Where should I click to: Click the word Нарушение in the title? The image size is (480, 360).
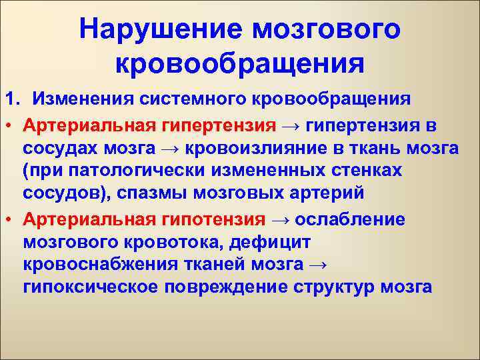pos(159,29)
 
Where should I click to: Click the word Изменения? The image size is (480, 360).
pos(86,99)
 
